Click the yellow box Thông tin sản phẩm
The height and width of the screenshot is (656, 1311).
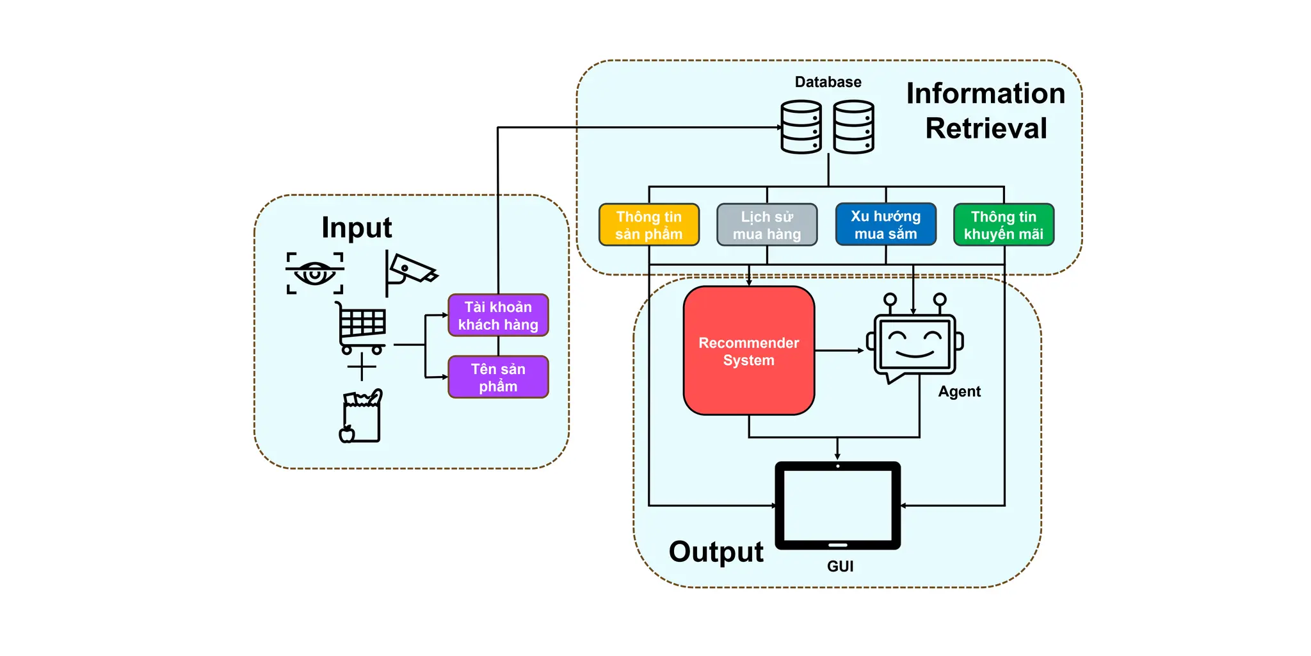(x=648, y=225)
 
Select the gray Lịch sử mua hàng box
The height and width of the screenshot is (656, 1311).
(x=766, y=225)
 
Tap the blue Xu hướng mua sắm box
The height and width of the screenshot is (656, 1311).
(x=885, y=224)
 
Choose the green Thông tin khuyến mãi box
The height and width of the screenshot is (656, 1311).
(x=1003, y=225)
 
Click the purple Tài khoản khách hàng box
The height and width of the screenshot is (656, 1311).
(x=498, y=315)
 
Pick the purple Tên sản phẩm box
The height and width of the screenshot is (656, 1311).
(x=498, y=377)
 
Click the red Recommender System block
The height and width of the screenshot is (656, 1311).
(x=748, y=351)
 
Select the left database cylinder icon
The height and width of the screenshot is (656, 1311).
(x=801, y=127)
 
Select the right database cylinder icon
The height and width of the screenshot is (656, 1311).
(x=853, y=127)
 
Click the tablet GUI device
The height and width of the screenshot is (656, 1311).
(x=837, y=505)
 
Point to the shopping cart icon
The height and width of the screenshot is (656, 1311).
(x=362, y=327)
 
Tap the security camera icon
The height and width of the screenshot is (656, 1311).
(x=409, y=272)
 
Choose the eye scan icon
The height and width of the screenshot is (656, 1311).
(x=314, y=273)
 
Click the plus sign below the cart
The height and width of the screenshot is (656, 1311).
(x=362, y=367)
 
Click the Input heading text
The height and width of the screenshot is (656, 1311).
(x=357, y=227)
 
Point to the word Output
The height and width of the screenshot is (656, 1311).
(x=716, y=552)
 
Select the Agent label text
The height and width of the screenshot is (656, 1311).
(x=959, y=391)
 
